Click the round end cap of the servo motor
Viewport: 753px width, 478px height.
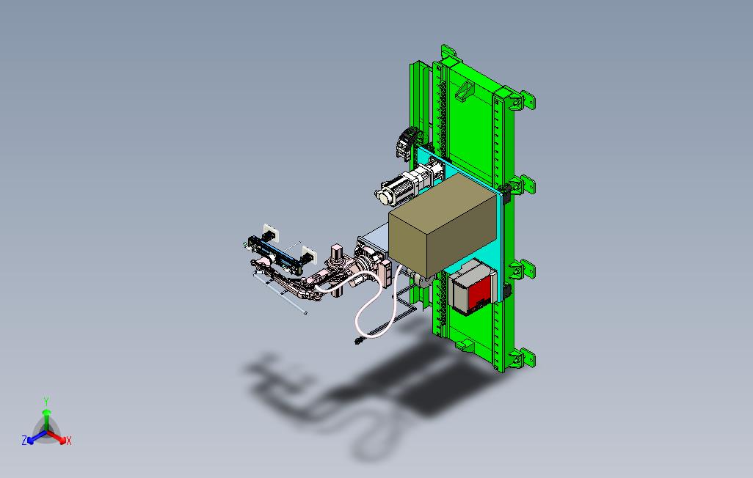click(384, 196)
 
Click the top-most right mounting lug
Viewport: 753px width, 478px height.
click(527, 101)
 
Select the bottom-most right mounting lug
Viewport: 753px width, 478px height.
click(527, 358)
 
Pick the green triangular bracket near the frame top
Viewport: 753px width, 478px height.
click(463, 92)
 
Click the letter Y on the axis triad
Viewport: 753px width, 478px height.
click(46, 401)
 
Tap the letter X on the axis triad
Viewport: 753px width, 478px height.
click(69, 441)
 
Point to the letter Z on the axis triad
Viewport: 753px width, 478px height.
click(24, 440)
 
